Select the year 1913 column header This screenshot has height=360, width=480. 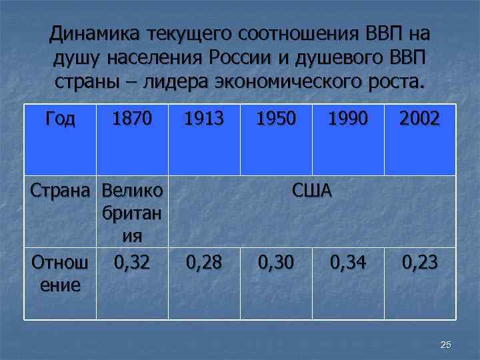[x=204, y=119]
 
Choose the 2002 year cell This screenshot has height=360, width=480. [x=420, y=119]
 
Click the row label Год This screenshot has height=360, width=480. [x=60, y=119]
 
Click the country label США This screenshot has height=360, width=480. [x=312, y=191]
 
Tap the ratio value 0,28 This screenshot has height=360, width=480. [x=204, y=263]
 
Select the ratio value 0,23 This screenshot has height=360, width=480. [x=420, y=263]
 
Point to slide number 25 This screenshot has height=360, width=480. [x=446, y=344]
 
